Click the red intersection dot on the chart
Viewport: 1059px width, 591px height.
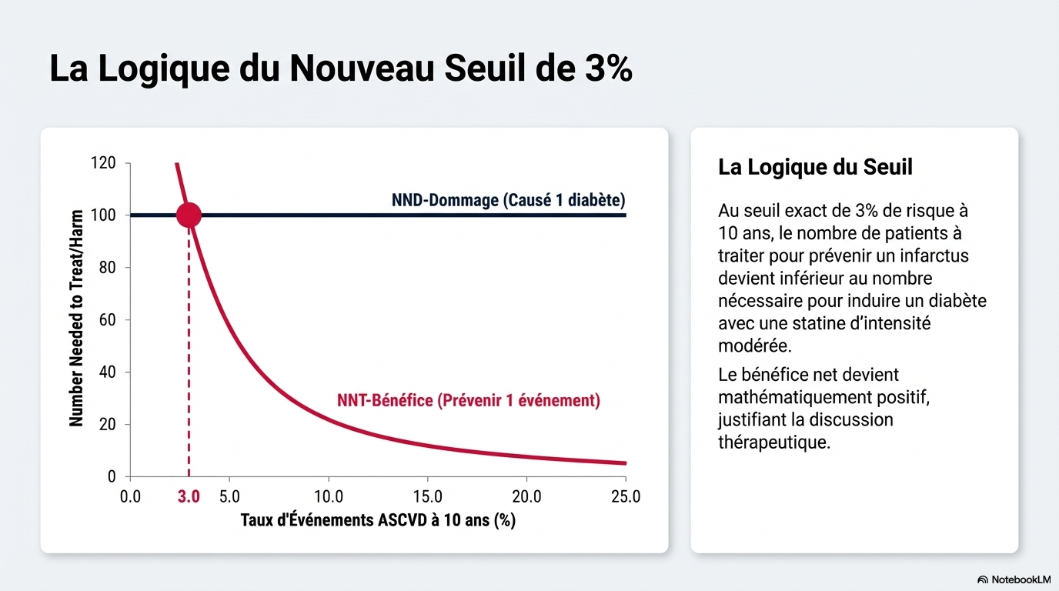tap(189, 215)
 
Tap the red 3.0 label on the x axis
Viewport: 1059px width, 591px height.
tap(189, 497)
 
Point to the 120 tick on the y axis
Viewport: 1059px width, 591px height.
tap(103, 163)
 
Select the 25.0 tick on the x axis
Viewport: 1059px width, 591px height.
tap(625, 497)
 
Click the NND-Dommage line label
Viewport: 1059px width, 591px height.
tap(508, 201)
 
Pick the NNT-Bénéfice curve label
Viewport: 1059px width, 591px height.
tap(468, 401)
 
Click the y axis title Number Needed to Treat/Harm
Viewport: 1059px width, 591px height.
tap(76, 319)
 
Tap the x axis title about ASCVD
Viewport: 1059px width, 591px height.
tap(378, 520)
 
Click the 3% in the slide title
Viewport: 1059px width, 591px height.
tap(603, 68)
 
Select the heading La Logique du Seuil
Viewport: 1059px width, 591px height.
tap(815, 167)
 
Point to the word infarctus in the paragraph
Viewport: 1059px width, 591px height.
tap(930, 255)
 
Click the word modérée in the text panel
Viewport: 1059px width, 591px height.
tap(754, 346)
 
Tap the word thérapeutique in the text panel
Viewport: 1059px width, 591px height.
tap(773, 443)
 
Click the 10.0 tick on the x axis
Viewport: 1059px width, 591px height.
tap(329, 497)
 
